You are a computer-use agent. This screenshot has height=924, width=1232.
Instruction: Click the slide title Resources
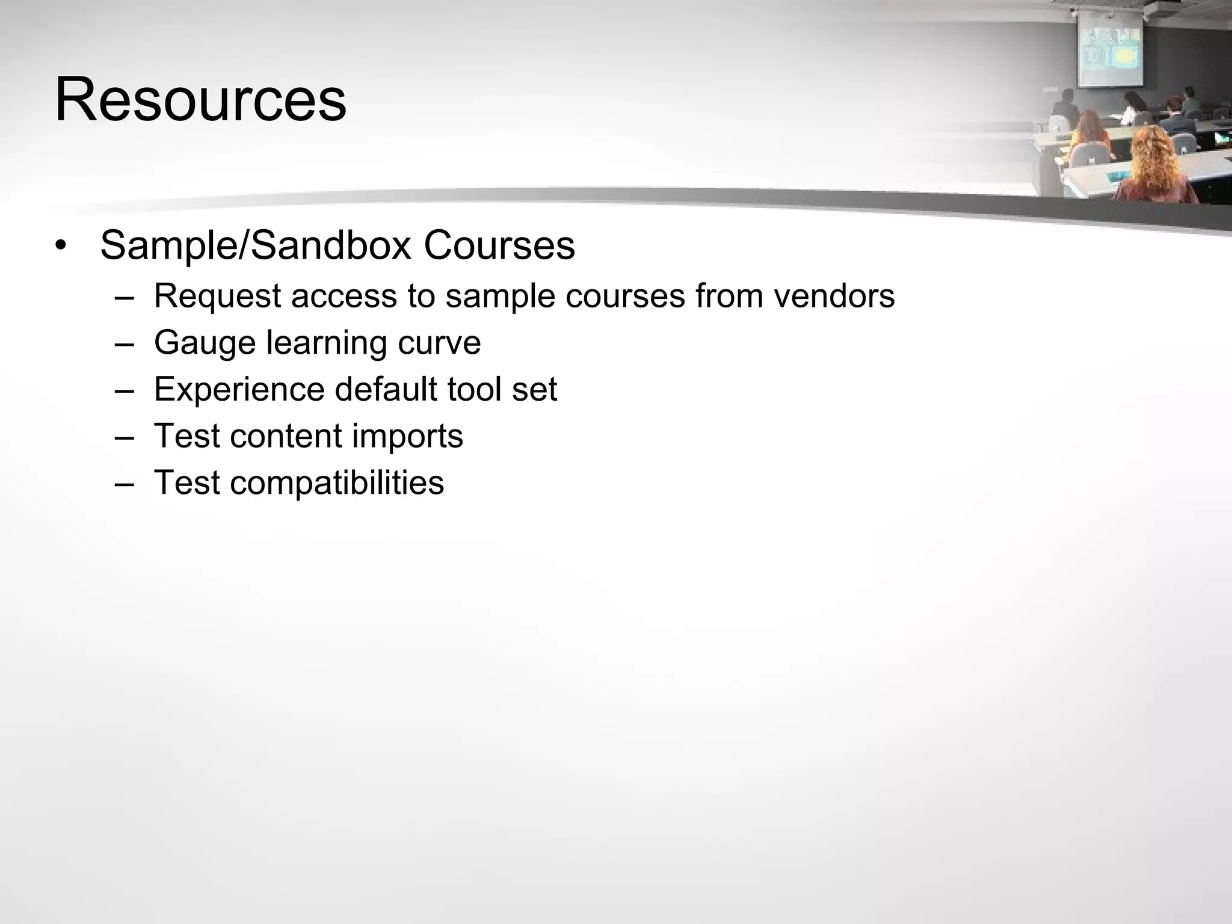tap(200, 99)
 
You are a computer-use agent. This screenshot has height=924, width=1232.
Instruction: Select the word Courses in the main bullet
tap(499, 245)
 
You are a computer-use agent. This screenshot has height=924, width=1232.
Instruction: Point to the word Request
tap(217, 296)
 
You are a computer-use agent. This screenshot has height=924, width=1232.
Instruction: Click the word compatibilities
tap(336, 482)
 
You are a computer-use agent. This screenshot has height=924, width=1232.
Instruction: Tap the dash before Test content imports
tap(124, 436)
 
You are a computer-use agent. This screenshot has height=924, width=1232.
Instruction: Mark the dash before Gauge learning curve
tap(124, 343)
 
